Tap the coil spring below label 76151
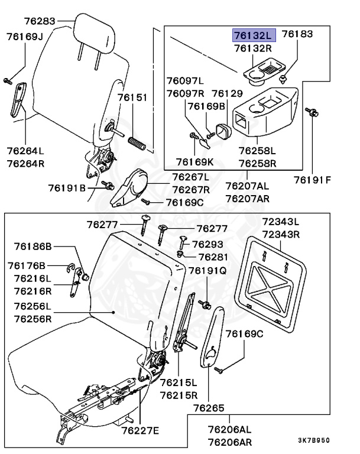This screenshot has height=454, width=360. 137,141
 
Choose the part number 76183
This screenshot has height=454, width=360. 297,35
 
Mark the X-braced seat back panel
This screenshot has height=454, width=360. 275,281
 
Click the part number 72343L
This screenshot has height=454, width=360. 280,222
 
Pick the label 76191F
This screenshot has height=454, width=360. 313,180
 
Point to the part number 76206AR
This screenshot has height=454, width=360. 229,441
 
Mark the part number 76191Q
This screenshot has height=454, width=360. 207,270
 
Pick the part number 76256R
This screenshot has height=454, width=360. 33,318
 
